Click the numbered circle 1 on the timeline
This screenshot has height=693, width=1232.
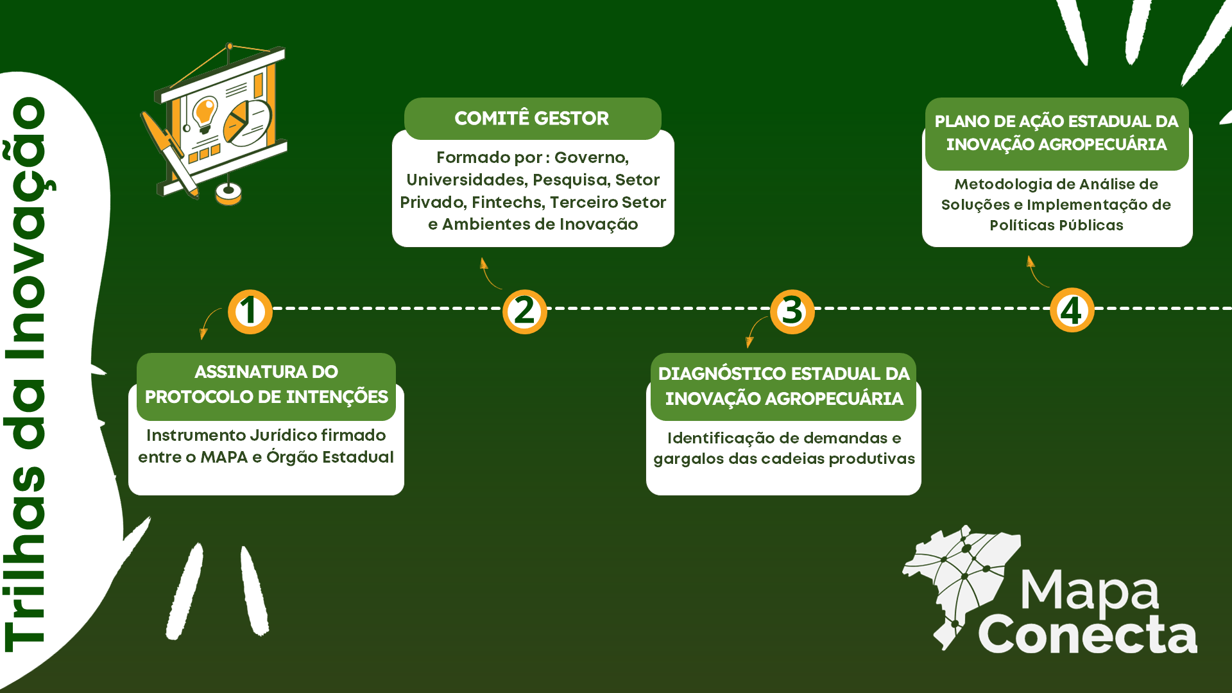point(250,312)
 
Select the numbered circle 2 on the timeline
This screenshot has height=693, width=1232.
point(524,312)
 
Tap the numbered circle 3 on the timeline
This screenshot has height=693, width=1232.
point(792,312)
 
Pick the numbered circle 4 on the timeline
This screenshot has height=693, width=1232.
point(1072,311)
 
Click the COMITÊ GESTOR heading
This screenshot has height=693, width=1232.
point(531,119)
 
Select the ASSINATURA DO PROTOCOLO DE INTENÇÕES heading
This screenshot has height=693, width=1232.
point(266,384)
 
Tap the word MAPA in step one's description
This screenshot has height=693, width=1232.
point(224,457)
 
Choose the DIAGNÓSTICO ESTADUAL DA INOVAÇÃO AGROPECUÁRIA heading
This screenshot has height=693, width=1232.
point(783,386)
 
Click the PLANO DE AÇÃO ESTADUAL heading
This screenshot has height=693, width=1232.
point(1056,133)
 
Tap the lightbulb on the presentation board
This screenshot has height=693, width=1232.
point(205,112)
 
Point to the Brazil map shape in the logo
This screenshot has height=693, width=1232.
point(959,581)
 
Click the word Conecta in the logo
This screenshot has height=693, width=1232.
point(1087,635)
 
